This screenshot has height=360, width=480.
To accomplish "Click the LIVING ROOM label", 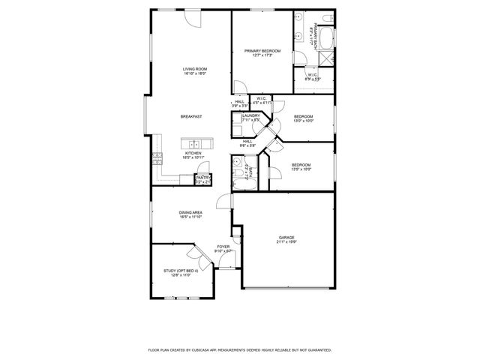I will click(x=194, y=69).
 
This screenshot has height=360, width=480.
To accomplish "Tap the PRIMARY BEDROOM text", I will click(x=262, y=51).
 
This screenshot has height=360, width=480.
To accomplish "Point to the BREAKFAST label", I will click(x=191, y=117).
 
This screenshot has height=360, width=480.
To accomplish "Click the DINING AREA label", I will click(x=190, y=212).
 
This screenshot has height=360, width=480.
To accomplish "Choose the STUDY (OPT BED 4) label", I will click(x=177, y=271).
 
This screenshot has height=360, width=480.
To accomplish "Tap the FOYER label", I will click(x=223, y=246).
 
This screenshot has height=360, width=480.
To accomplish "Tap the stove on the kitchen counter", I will click(x=157, y=158).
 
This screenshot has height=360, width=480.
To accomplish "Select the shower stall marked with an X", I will click(x=330, y=57).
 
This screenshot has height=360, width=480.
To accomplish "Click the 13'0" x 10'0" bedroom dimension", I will click(x=303, y=121).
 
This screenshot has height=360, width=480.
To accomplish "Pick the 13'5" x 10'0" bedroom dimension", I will click(x=301, y=169).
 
